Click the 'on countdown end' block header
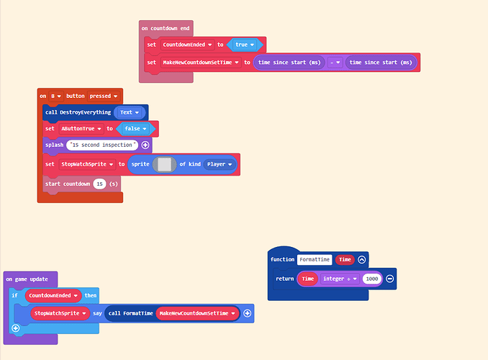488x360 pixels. coord(166,28)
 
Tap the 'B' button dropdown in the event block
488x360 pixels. coord(55,96)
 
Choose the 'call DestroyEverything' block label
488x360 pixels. coord(77,112)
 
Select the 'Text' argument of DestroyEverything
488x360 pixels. coord(129,112)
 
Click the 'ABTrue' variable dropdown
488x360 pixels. coord(80,129)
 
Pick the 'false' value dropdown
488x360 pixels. coord(135,129)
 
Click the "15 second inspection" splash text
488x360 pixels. coord(103,145)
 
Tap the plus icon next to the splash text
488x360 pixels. coord(145,145)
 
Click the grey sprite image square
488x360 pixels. coord(165,164)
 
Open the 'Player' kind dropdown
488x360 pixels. coord(220,164)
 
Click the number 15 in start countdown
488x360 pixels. coord(99,184)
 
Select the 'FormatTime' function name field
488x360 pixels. coord(315,260)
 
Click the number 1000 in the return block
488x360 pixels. coord(371,279)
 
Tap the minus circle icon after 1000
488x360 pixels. coord(389,279)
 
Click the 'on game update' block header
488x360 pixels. coord(28,279)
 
